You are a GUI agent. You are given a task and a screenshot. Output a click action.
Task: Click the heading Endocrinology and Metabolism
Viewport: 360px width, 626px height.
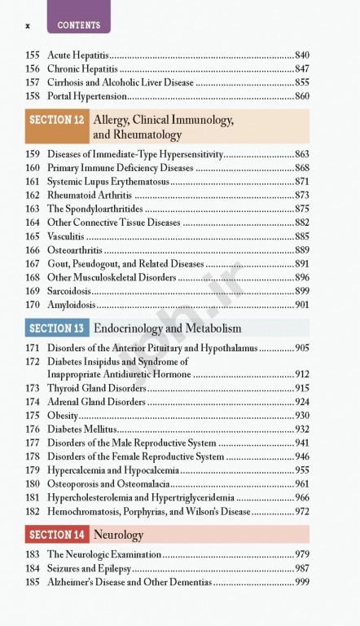(x=168, y=328)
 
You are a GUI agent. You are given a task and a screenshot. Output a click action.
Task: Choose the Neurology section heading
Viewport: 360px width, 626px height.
(x=118, y=535)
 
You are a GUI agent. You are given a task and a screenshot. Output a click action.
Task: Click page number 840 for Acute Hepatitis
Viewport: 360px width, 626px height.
(x=301, y=55)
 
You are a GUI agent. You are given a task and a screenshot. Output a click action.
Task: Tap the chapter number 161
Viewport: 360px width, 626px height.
(x=33, y=181)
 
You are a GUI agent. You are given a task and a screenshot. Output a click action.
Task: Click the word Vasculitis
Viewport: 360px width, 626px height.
(x=65, y=236)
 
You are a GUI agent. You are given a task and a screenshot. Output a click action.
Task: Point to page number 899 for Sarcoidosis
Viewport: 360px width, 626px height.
(x=301, y=291)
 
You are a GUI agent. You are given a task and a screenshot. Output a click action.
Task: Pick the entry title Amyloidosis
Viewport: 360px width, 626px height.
(x=71, y=305)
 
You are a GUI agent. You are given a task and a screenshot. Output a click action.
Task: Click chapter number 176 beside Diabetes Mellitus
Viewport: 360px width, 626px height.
(x=33, y=429)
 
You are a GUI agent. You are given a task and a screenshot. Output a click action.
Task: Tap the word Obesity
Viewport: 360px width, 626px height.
(x=63, y=415)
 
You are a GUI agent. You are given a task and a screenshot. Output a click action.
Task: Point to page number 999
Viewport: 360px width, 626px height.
(x=301, y=582)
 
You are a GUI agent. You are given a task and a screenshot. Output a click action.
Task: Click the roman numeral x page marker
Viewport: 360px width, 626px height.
(x=28, y=25)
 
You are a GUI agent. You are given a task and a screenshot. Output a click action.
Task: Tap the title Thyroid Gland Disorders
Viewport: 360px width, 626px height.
(x=96, y=388)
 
